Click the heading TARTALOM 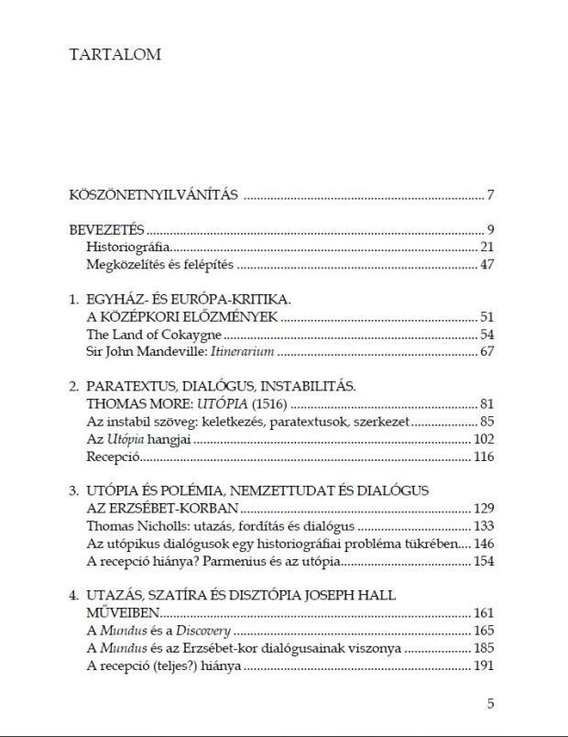(x=115, y=54)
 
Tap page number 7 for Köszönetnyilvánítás (x=491, y=194)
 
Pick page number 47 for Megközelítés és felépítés (x=486, y=266)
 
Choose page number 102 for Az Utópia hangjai (x=482, y=439)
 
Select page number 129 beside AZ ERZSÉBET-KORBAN (x=482, y=509)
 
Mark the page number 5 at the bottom (x=491, y=704)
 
